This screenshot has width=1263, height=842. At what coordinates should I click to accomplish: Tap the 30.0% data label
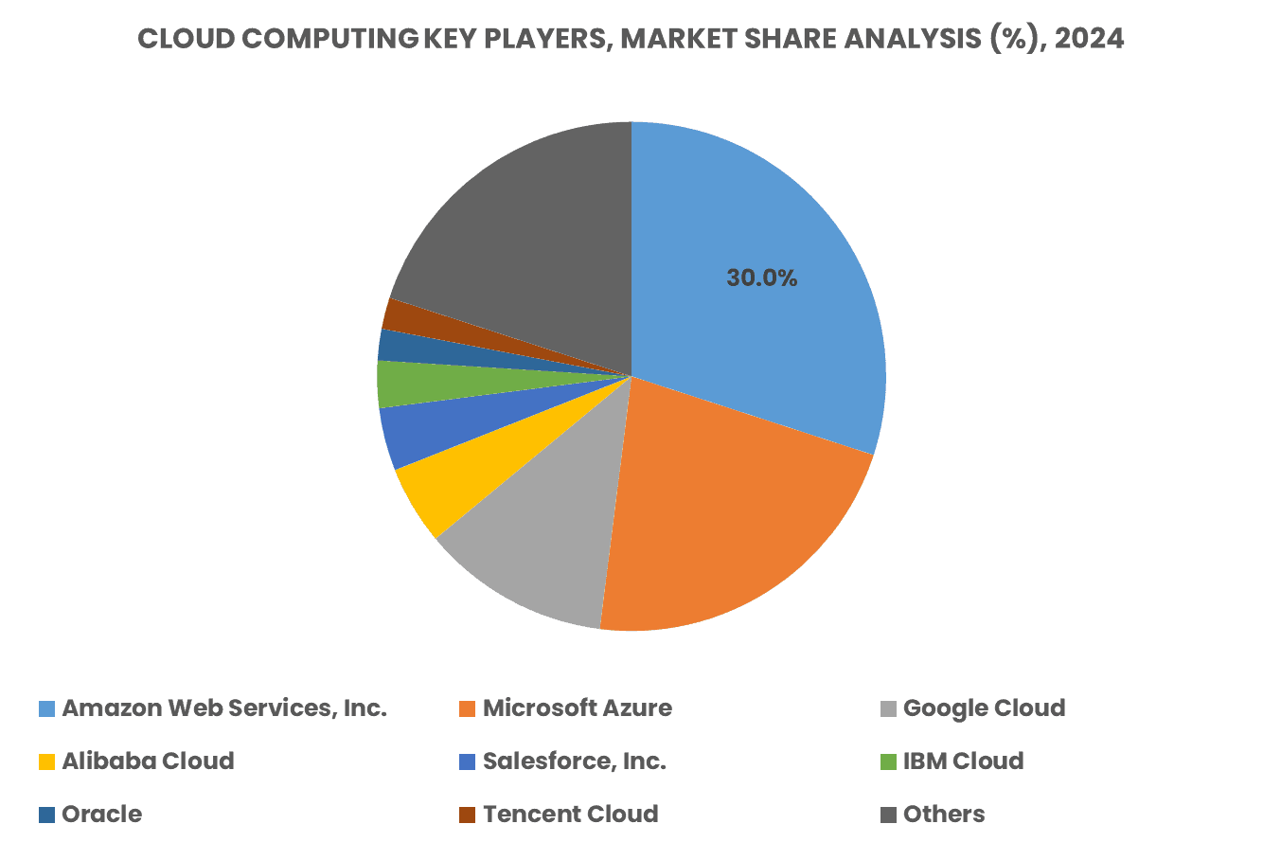tap(761, 278)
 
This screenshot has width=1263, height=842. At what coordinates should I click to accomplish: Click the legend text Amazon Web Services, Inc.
tap(224, 708)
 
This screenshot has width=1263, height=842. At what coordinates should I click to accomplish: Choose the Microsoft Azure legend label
tap(577, 708)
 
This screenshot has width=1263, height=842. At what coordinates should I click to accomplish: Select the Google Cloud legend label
tap(984, 708)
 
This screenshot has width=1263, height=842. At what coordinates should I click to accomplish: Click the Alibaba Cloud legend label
tap(148, 761)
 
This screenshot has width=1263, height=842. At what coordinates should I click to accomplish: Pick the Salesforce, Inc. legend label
tap(574, 761)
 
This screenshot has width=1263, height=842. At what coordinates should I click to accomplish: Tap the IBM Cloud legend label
tap(963, 761)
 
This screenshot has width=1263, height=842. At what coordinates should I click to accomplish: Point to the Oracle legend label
tap(102, 815)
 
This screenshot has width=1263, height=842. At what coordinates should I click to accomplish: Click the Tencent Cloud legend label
tap(570, 815)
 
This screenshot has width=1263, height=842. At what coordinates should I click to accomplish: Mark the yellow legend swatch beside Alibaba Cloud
tap(46, 761)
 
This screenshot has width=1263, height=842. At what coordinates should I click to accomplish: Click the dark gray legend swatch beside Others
tap(888, 815)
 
